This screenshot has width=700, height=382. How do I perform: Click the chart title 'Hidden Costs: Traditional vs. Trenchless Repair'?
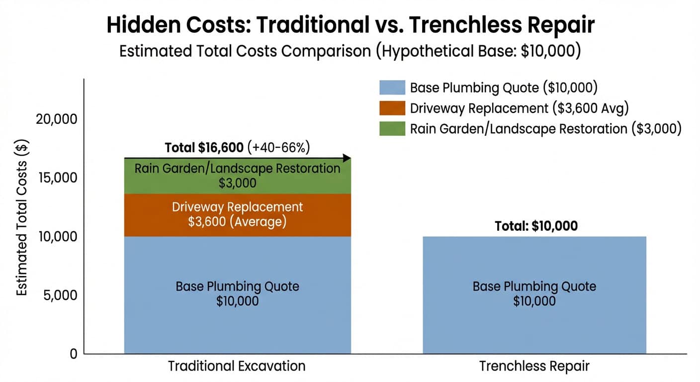click(350, 25)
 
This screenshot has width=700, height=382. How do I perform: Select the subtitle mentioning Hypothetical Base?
click(350, 51)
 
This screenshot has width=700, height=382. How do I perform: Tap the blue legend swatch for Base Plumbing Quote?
click(392, 88)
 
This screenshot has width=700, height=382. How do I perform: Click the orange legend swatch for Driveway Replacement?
click(392, 108)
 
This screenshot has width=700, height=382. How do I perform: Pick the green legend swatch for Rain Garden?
click(392, 128)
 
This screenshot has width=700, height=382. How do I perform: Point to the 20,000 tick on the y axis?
click(56, 119)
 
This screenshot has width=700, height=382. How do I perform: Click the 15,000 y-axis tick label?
click(58, 178)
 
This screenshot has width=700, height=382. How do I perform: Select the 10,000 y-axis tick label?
click(58, 237)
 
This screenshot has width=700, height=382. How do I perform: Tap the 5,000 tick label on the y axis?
click(60, 295)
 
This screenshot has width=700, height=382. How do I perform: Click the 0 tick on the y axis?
click(74, 354)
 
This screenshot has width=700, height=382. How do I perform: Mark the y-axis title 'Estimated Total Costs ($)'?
click(22, 217)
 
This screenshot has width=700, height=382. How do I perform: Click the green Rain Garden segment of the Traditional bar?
click(238, 176)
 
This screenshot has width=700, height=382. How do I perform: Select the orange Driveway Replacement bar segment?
click(238, 215)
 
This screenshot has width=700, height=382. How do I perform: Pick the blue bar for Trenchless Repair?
click(534, 295)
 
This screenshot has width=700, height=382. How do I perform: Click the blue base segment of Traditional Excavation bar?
click(238, 295)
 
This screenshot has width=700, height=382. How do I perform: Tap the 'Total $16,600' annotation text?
click(204, 148)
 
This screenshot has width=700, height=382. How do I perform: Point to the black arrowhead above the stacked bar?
click(347, 158)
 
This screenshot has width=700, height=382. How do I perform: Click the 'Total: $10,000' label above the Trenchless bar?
click(536, 226)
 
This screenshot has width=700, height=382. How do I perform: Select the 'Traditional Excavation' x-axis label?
click(237, 366)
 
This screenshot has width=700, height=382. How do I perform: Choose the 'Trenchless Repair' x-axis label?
click(534, 366)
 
